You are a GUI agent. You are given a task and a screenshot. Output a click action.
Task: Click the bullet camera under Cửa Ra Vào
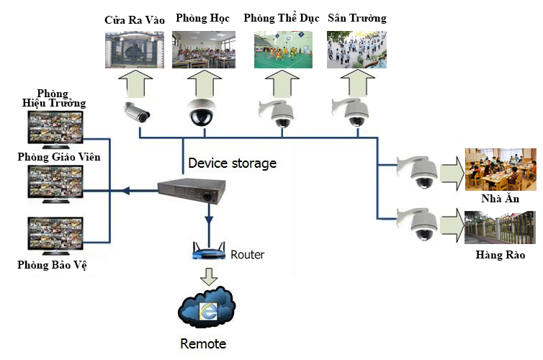(x=135, y=112)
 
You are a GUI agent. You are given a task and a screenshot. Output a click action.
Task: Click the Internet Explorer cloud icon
(x=207, y=307)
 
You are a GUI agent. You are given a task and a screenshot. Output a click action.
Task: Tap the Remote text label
(x=203, y=343)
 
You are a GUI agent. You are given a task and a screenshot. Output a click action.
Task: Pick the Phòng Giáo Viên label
(x=59, y=157)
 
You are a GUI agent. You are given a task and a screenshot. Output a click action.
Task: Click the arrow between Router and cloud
(x=209, y=275)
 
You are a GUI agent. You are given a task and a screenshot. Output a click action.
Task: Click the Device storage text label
(x=232, y=163)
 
